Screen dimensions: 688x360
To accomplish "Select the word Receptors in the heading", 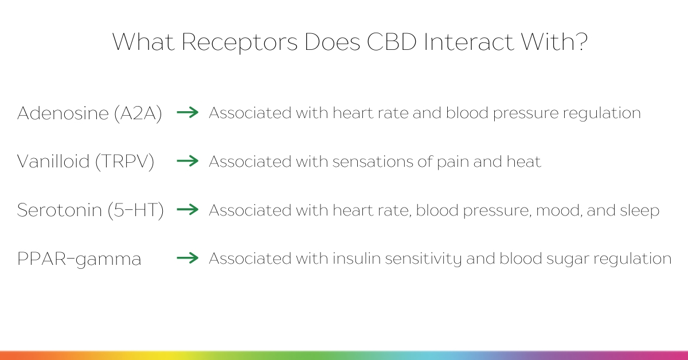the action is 240,42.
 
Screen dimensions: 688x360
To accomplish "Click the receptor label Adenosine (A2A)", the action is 89,113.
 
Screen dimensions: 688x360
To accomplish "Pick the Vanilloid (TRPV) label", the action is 85,161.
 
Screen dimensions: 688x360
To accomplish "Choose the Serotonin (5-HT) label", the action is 91,210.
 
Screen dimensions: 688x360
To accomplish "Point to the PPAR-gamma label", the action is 79,259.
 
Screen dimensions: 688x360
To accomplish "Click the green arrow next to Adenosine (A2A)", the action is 187,112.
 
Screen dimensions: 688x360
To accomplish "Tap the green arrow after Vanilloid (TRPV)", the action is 187,161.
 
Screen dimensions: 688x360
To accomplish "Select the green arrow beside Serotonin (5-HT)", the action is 187,209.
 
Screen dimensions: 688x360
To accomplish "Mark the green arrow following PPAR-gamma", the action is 187,258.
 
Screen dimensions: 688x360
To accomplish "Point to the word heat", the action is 523,161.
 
